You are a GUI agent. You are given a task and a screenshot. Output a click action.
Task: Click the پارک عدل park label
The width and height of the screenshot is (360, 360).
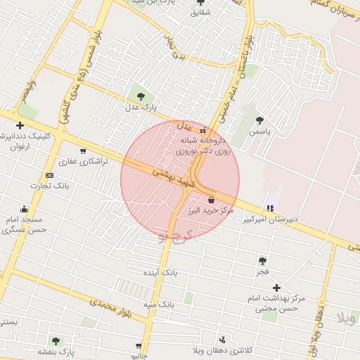pyautogui.click(x=139, y=108)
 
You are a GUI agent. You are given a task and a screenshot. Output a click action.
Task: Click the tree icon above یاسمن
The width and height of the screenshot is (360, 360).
pyautogui.click(x=261, y=120)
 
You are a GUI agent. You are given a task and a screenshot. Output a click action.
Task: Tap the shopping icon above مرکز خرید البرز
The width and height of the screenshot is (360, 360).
pyautogui.click(x=211, y=200)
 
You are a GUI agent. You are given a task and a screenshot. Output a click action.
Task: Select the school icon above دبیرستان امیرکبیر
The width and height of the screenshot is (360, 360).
pyautogui.click(x=270, y=207)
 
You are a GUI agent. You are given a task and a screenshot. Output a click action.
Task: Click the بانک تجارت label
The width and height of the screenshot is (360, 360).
pyautogui.click(x=47, y=186)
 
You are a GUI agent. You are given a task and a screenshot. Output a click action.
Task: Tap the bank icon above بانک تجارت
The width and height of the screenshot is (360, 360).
pyautogui.click(x=49, y=175)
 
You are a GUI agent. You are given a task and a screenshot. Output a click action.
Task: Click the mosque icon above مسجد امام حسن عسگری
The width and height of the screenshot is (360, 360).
pyautogui.click(x=25, y=209)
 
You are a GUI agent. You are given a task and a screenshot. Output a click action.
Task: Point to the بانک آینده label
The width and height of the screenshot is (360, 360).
pyautogui.click(x=161, y=271)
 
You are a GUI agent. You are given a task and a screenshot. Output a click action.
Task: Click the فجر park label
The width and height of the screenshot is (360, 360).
pyautogui.click(x=262, y=271)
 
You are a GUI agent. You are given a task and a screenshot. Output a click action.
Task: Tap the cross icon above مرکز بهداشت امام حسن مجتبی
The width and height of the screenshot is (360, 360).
pyautogui.click(x=276, y=288)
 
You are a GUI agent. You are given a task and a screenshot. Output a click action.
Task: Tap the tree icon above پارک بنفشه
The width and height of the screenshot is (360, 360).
pyautogui.click(x=56, y=341)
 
